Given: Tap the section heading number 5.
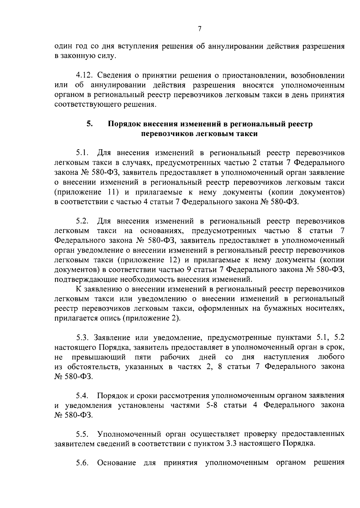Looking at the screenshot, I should point(89,123).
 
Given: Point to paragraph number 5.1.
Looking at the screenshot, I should point(82,153).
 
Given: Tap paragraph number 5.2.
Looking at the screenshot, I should point(82,221).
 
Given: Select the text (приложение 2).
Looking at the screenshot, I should point(151,318).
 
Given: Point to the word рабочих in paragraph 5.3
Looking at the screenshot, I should point(175,357).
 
